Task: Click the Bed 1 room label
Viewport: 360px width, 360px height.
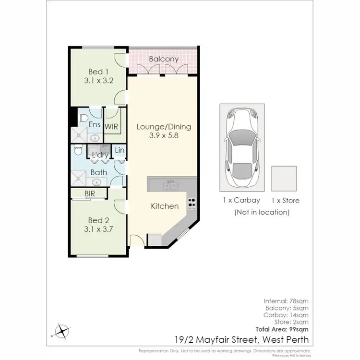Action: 98,72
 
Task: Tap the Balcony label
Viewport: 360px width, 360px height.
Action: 164,59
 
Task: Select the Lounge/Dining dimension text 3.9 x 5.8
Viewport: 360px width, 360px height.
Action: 164,136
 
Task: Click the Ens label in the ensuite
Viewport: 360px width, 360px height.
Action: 95,125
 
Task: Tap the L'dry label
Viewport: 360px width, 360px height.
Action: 100,155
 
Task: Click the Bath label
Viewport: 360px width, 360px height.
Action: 98,172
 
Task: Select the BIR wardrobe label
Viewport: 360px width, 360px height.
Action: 89,194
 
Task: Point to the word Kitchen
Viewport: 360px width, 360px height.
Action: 165,206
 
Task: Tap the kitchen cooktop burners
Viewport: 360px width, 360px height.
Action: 192,204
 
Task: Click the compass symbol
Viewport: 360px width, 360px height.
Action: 63,330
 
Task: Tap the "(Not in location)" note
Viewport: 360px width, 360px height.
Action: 262,212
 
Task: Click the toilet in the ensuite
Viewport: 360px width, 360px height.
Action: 82,117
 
